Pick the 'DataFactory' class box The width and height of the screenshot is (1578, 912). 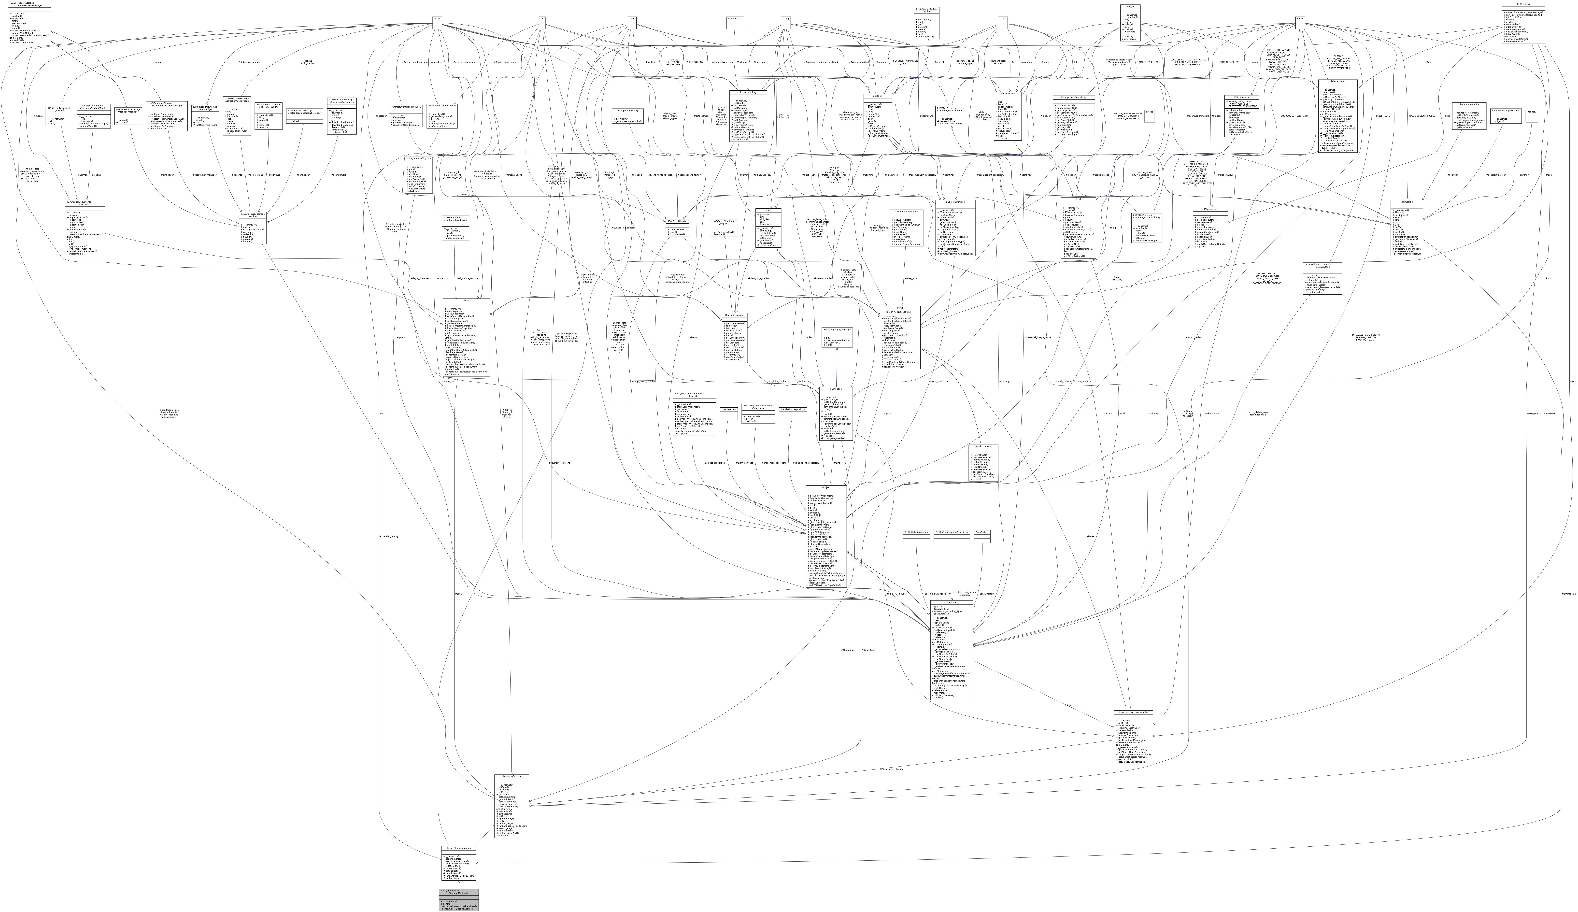[982, 532]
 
